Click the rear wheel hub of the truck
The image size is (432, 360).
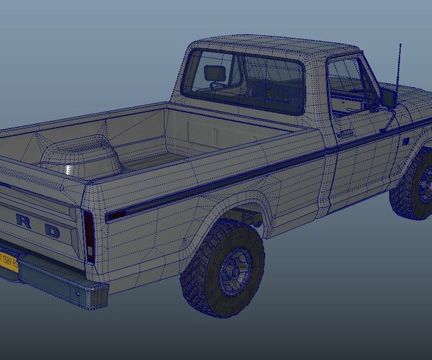(x=232, y=270)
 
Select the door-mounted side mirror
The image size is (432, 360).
(x=390, y=99)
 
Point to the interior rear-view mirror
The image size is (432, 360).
(x=215, y=73)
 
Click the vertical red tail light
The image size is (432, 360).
(x=89, y=237)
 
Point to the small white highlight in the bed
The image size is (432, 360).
(x=68, y=169)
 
